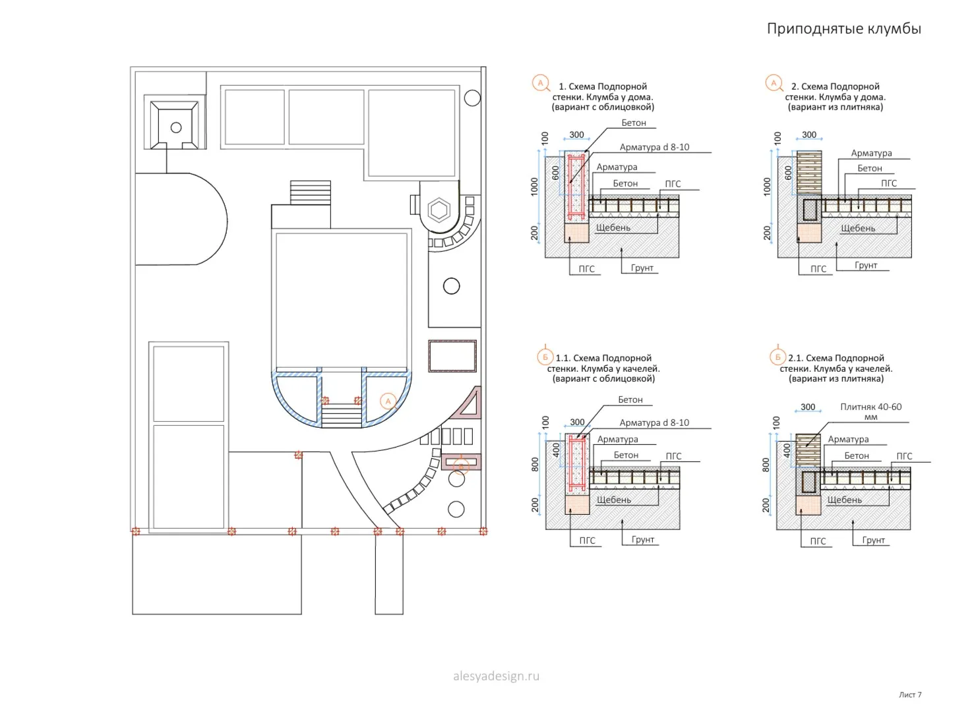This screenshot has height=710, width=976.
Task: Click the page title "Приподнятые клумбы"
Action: coord(843,29)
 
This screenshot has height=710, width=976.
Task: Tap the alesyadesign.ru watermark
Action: coord(496,676)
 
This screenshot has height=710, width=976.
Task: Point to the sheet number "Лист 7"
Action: coord(910,695)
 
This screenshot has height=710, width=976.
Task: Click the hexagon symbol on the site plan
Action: coord(439,210)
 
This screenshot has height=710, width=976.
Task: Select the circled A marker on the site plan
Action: coord(388,401)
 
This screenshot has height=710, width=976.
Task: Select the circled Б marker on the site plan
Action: coord(461,467)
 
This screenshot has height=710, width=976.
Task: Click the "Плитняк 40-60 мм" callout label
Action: coord(870,411)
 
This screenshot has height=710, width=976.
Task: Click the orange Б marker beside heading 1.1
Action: coord(545,357)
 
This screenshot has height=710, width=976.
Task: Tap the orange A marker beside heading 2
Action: coord(774,83)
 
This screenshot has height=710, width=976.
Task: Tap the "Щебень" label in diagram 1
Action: coord(613,227)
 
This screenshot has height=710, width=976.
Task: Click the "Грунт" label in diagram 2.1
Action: coord(873,540)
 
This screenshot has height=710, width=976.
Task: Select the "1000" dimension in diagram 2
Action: coord(767,187)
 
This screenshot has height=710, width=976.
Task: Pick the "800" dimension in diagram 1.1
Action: coord(535,464)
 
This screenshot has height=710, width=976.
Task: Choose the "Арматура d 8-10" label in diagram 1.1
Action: coord(654,423)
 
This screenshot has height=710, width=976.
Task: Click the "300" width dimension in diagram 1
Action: coord(576,134)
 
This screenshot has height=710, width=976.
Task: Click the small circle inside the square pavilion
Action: coord(176,128)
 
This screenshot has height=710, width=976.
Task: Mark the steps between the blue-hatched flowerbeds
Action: coord(342,416)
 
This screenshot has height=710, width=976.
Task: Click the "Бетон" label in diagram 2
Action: coord(870,168)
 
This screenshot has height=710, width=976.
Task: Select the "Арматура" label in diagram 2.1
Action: coord(848,439)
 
